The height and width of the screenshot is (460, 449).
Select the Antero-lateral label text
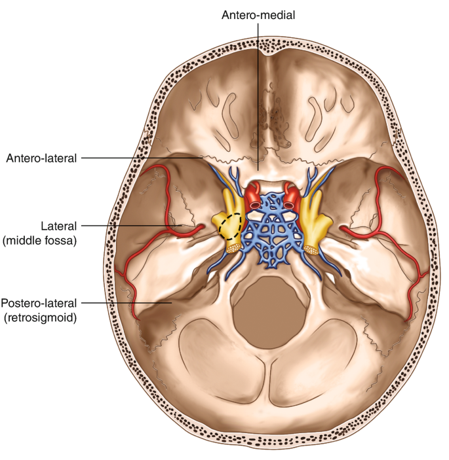coord(41,158)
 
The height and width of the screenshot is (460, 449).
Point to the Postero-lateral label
coord(39,303)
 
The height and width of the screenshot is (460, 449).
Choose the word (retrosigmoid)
coord(39,318)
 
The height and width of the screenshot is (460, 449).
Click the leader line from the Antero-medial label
coord(258,98)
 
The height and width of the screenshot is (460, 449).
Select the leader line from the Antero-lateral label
coord(144,158)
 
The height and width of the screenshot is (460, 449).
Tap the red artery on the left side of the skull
coord(154,216)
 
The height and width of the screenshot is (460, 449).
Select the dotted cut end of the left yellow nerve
coord(233,247)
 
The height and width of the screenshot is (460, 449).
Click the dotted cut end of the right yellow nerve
coord(312,249)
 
